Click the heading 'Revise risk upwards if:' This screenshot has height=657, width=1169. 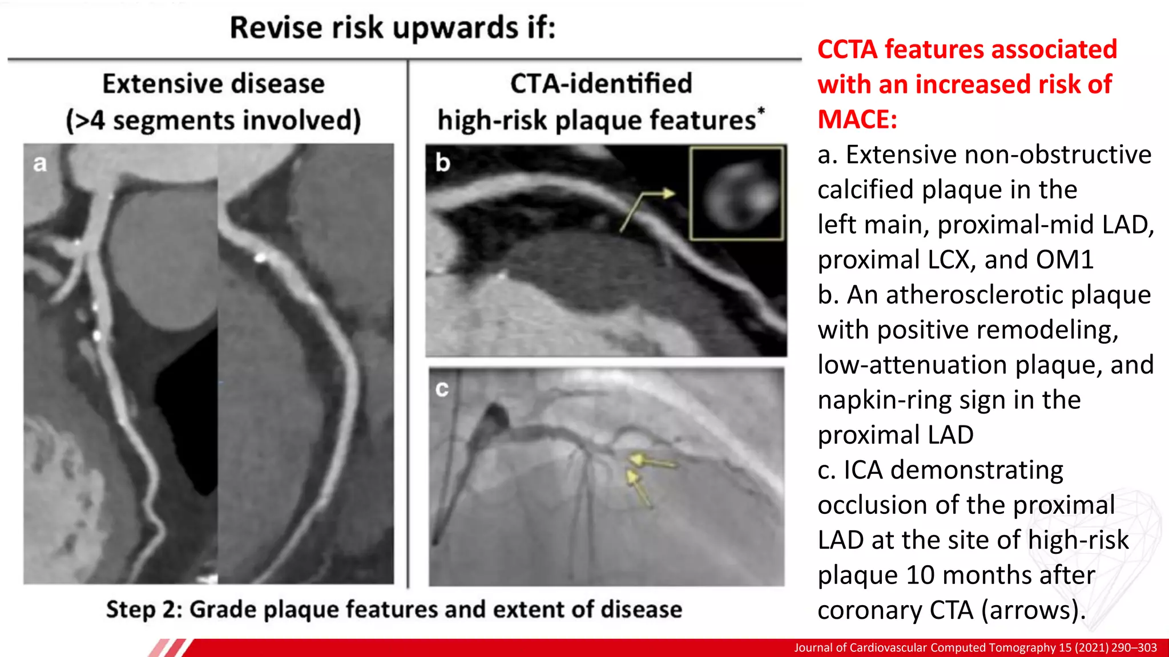coord(393,28)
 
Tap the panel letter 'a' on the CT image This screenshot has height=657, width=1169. coord(40,164)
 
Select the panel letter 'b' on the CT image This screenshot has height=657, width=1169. coord(443,163)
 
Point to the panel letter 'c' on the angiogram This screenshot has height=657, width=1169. coord(442,389)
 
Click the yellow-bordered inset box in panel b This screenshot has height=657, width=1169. coord(736,193)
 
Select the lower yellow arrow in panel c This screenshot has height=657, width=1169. coord(639,487)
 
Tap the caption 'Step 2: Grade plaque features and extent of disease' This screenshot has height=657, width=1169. coord(394,609)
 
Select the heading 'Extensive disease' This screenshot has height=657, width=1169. coord(213,84)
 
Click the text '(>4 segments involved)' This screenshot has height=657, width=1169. coord(213,121)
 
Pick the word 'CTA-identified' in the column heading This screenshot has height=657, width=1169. coord(601,84)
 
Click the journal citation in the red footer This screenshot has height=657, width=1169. coord(975,648)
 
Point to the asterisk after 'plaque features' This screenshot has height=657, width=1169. coord(761,110)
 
